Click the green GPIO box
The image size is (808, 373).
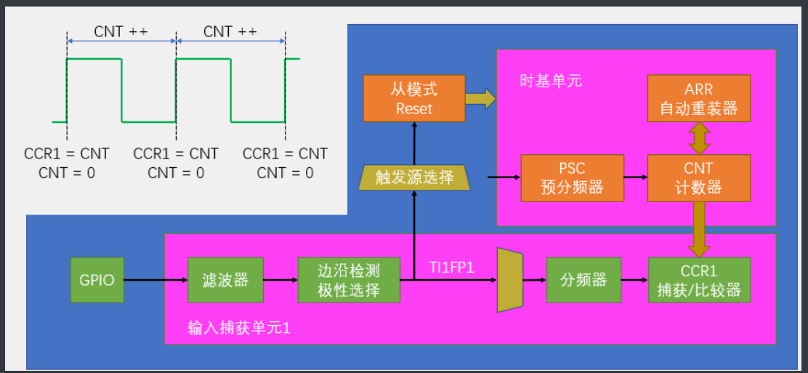97,279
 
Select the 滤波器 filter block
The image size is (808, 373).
225,279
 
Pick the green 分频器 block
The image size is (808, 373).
583,279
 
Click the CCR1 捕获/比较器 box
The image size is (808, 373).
699,280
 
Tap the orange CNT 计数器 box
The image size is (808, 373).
699,177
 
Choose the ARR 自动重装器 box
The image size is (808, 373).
699,98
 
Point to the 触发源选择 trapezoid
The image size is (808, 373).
414,177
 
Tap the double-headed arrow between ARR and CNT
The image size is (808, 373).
699,137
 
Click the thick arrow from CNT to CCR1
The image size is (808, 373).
699,228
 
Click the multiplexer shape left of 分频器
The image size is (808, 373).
510,280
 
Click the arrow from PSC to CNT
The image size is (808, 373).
636,177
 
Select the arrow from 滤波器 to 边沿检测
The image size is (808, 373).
280,279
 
